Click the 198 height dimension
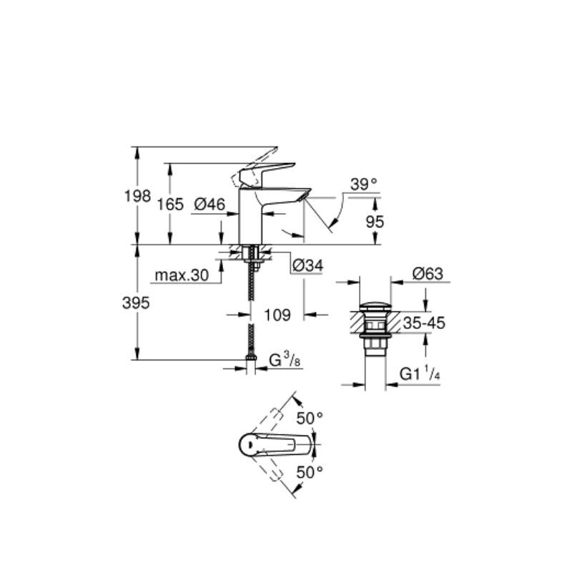tap(137, 197)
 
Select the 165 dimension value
tap(170, 204)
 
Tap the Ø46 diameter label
tap(209, 204)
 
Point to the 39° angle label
tap(364, 184)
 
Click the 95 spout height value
tap(375, 222)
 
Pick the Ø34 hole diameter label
tap(308, 265)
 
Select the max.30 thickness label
tap(182, 275)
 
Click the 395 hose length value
tap(136, 303)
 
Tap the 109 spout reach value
tap(277, 315)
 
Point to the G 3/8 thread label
tap(285, 360)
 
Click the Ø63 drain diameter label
tap(428, 274)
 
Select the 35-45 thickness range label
tap(424, 323)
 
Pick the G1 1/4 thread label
tap(420, 374)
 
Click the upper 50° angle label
tap(310, 418)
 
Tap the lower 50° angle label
tap(310, 473)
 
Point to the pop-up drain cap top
tap(375, 307)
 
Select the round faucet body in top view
tap(249, 444)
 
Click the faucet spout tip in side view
tap(305, 194)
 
